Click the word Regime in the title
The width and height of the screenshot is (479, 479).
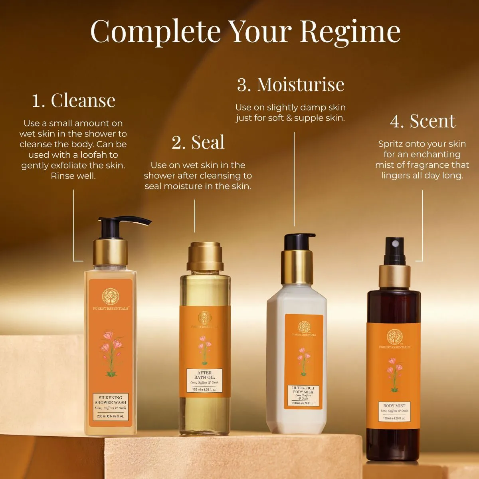pos(350,32)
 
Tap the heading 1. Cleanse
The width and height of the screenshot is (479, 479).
pos(73,100)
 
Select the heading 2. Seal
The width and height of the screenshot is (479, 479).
pos(198,143)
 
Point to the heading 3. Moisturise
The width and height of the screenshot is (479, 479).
pos(291,84)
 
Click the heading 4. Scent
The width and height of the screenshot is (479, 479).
pos(423,121)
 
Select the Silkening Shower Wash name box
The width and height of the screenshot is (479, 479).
pos(110,406)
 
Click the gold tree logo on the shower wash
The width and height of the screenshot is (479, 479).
pos(110,296)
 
